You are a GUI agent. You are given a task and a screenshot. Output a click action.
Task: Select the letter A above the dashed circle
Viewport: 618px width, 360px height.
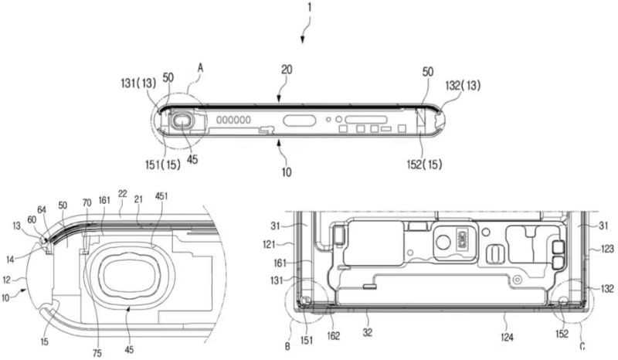(x=200, y=68)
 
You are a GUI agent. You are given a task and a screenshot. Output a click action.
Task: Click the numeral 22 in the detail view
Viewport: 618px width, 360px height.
(x=123, y=194)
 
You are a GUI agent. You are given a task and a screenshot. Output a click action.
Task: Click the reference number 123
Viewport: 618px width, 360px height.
(x=609, y=250)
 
